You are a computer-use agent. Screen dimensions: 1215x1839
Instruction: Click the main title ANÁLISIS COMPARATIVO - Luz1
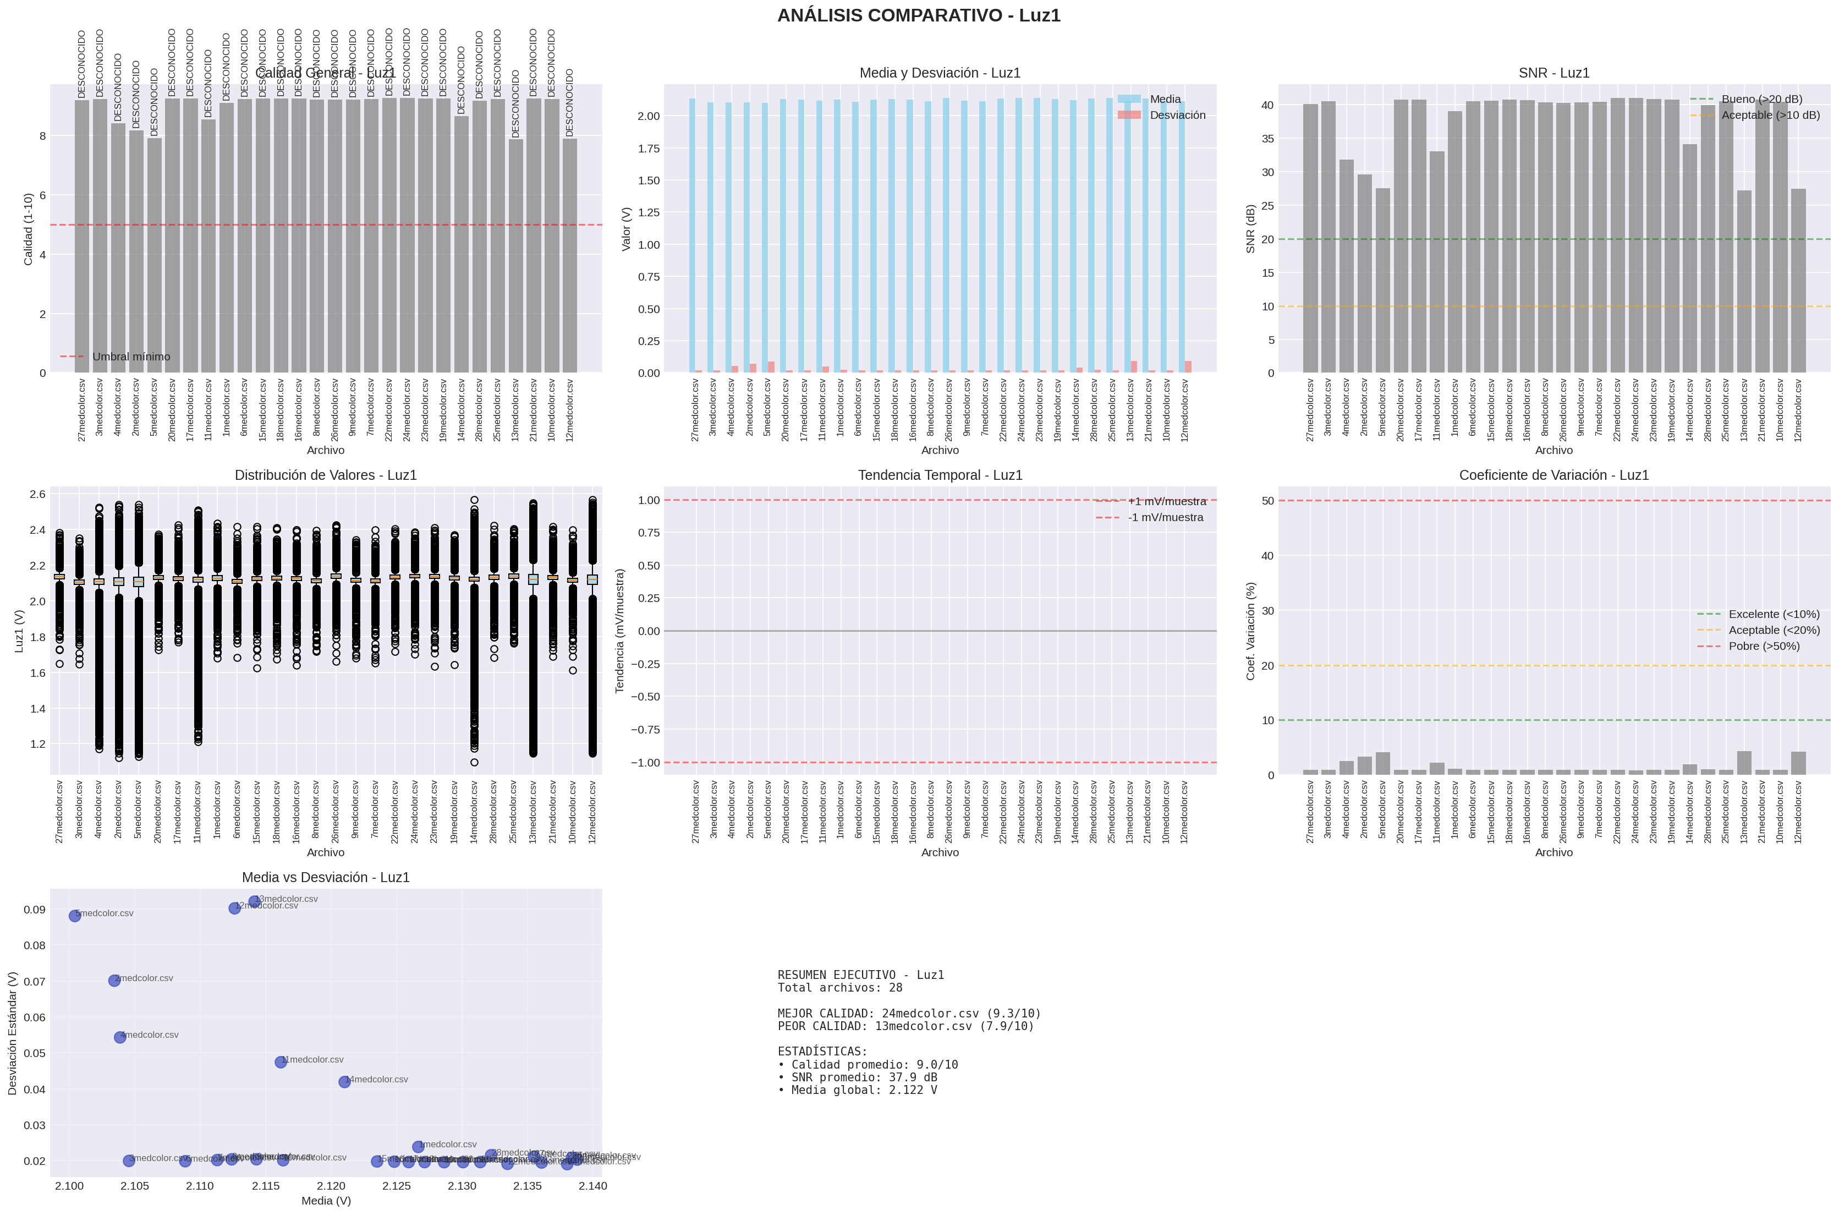pos(919,15)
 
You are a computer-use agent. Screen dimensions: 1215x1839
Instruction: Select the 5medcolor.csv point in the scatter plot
pos(75,916)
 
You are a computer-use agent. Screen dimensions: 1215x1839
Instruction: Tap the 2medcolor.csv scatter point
pos(114,980)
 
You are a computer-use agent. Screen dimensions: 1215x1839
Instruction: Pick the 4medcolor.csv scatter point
pos(120,1037)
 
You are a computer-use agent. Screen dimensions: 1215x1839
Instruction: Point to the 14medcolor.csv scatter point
pos(345,1082)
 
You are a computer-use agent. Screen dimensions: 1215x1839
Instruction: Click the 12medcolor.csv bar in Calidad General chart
pos(569,256)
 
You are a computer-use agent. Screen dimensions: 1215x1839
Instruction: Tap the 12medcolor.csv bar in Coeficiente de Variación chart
pos(1798,763)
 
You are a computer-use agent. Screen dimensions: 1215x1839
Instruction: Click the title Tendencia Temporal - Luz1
pos(940,475)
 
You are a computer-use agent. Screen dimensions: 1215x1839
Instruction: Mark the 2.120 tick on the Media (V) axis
pos(331,1185)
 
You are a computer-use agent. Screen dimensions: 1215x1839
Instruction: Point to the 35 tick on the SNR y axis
pos(1267,139)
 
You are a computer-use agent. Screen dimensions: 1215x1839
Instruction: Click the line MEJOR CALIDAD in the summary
pos(909,1014)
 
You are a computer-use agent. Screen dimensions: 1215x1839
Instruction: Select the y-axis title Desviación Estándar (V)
pos(13,1033)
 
